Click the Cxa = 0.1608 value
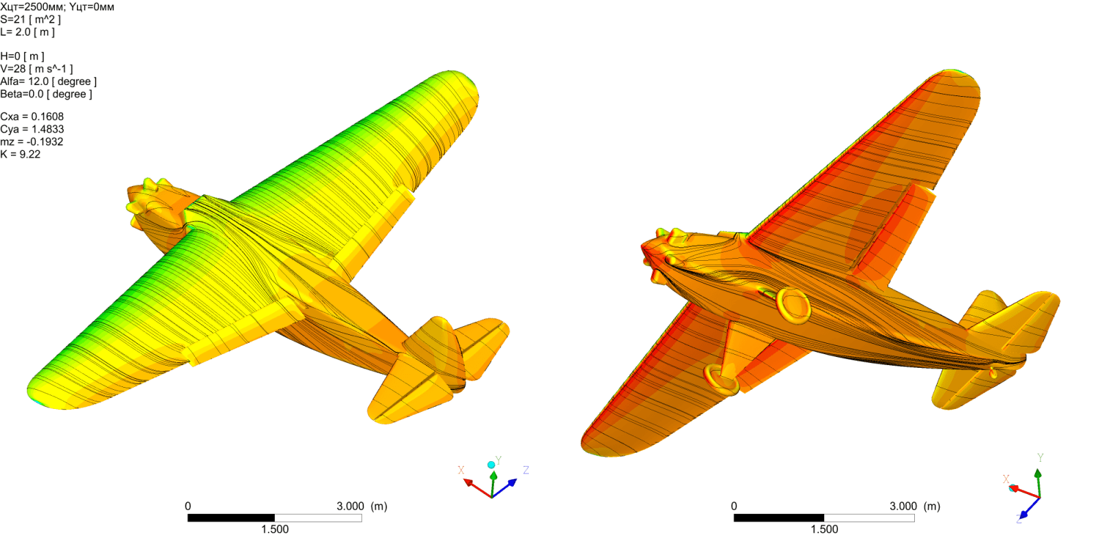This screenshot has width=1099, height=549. pos(32,117)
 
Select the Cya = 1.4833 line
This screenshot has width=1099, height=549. pos(32,129)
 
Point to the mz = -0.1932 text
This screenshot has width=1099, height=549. pos(32,142)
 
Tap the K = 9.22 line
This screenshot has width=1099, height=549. pos(21,154)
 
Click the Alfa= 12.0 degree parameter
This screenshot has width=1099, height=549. pos(48,82)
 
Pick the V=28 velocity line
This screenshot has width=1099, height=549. pos(36,69)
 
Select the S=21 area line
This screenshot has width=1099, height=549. pos(30,19)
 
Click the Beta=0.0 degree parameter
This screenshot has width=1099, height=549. pos(46,94)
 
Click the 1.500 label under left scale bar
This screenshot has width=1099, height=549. pos(275,529)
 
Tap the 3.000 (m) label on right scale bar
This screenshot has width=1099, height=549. pos(914,506)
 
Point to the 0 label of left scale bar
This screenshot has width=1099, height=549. pos(188,506)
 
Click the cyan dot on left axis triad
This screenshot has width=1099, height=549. pos(491,465)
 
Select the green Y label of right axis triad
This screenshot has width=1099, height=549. pos(1040,458)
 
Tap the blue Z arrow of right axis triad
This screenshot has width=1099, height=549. pos(1026,511)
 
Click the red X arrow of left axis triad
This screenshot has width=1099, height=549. pos(474,485)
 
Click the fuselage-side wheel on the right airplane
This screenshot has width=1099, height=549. pos(793,305)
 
